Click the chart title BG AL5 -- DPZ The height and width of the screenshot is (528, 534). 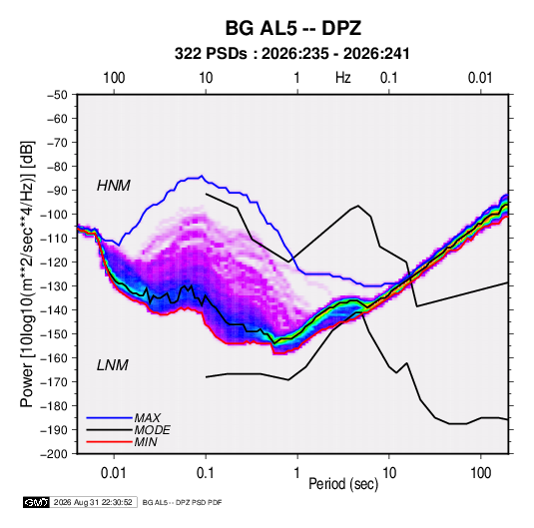point(293,28)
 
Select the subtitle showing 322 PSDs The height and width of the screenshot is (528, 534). point(292,54)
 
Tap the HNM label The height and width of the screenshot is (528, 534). point(114,186)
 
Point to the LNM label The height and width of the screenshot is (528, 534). point(113,365)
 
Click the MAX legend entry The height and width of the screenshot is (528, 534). point(147,417)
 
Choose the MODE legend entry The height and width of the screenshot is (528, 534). point(153,430)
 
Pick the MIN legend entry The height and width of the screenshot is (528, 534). point(146,442)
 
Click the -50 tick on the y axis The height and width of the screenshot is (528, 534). point(58,95)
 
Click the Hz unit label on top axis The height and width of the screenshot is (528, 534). point(343,78)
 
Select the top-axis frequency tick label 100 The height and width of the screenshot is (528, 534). point(114,78)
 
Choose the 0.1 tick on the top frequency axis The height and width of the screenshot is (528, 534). point(389,78)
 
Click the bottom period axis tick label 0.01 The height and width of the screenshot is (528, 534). point(114,473)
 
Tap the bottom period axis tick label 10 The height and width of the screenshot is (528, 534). point(389,473)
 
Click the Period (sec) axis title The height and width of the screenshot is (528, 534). point(343,484)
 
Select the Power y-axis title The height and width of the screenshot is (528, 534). point(28,273)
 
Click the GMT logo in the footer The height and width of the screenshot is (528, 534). point(36,502)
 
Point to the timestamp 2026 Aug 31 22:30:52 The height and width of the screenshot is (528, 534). point(93,502)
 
